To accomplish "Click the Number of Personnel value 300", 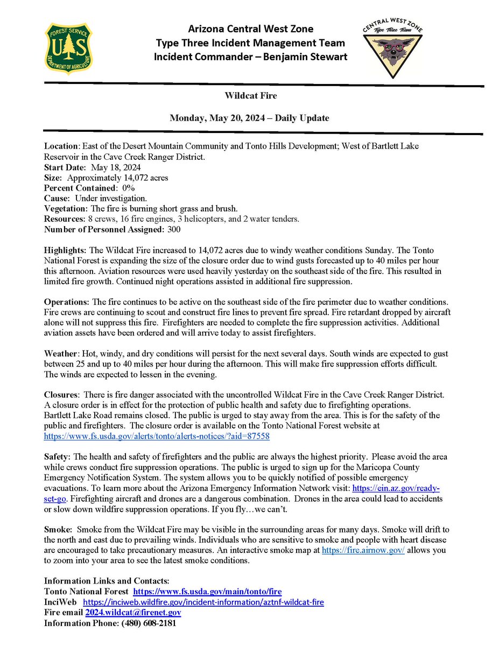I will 173,229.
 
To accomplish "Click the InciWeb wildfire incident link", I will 203,602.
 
